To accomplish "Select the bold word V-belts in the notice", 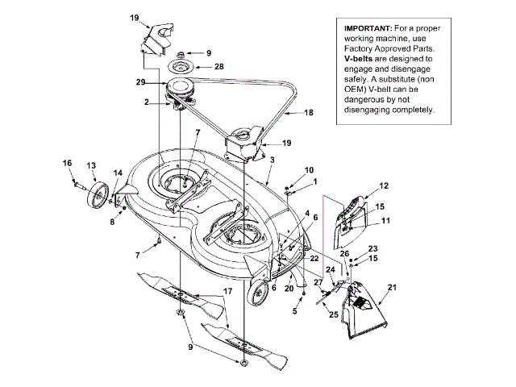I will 360,59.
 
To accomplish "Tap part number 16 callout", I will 68,163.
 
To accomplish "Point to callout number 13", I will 91,165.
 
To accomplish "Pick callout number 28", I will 218,67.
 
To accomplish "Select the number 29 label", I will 140,81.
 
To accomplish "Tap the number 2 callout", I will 148,102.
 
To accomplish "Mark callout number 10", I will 310,170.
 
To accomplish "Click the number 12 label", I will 384,185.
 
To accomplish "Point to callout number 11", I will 385,220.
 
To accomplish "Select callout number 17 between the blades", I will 228,290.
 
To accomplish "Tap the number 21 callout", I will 393,287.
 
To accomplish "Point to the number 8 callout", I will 112,221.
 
